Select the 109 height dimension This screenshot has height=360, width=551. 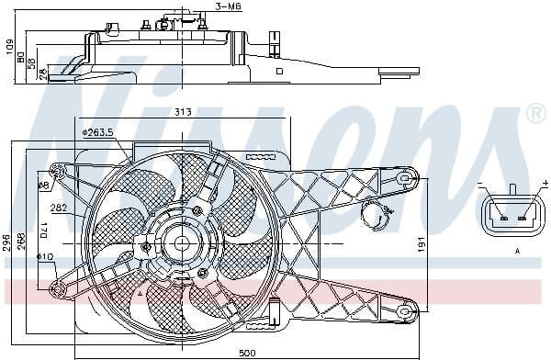(x=8, y=45)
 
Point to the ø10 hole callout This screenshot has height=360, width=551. (x=46, y=256)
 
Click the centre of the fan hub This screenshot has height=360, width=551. (x=181, y=243)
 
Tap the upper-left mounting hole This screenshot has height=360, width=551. (x=57, y=171)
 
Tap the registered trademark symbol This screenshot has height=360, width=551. (x=536, y=112)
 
